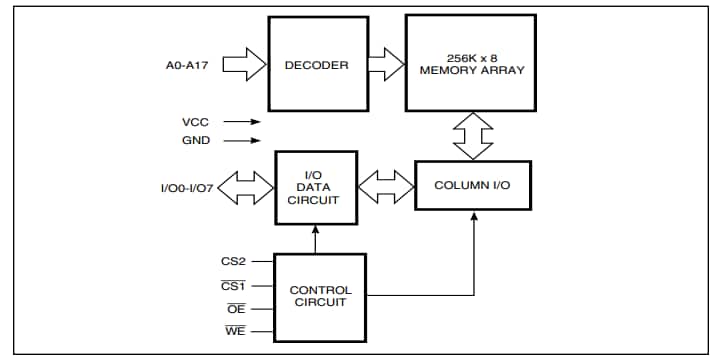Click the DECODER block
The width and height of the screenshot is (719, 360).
[315, 66]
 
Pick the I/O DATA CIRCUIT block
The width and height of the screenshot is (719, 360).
[315, 186]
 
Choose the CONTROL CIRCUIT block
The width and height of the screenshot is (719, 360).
[320, 296]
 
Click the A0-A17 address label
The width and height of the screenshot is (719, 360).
[187, 66]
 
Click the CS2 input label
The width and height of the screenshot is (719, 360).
[233, 262]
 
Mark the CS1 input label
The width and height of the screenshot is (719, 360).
[233, 285]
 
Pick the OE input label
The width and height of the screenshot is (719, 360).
[236, 309]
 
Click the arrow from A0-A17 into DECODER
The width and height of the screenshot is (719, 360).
[242, 66]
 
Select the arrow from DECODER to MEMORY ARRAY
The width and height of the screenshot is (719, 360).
[385, 66]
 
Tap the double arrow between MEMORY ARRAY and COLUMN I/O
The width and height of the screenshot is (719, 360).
[470, 136]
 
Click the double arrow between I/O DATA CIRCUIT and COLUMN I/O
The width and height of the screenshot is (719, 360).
[385, 186]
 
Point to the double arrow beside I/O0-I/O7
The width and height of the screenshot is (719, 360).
[244, 186]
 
